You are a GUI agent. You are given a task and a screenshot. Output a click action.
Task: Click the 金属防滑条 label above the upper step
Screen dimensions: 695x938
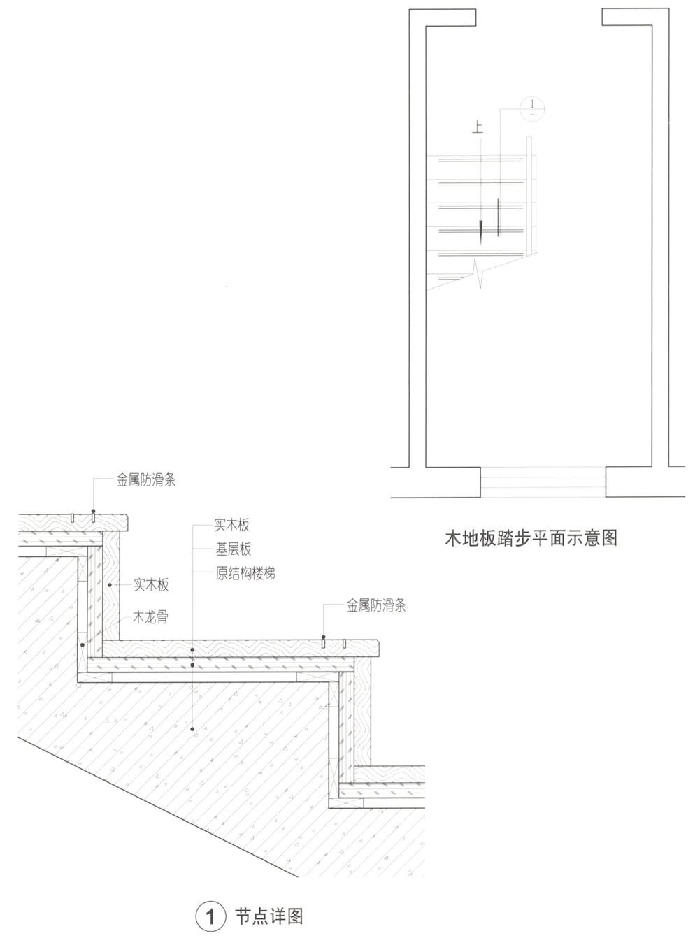pyautogui.click(x=145, y=481)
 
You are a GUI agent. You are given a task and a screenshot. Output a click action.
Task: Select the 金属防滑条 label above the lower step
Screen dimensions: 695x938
pyautogui.click(x=376, y=605)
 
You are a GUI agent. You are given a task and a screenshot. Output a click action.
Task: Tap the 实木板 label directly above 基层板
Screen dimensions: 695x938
pyautogui.click(x=231, y=525)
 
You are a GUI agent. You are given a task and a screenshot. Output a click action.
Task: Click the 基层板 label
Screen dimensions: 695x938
pyautogui.click(x=233, y=549)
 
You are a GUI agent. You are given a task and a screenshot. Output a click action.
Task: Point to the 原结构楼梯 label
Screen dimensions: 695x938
pyautogui.click(x=245, y=574)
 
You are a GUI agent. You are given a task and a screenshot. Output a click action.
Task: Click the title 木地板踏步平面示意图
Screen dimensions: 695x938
pyautogui.click(x=531, y=538)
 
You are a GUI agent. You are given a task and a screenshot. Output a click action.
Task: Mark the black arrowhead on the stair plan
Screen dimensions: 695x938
pyautogui.click(x=482, y=231)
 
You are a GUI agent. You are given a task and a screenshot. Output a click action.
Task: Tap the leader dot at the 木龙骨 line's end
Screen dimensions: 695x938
pyautogui.click(x=83, y=645)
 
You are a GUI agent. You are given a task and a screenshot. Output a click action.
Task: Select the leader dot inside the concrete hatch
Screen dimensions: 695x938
pyautogui.click(x=192, y=730)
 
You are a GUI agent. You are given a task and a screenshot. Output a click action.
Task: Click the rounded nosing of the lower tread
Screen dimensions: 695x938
pyautogui.click(x=375, y=648)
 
